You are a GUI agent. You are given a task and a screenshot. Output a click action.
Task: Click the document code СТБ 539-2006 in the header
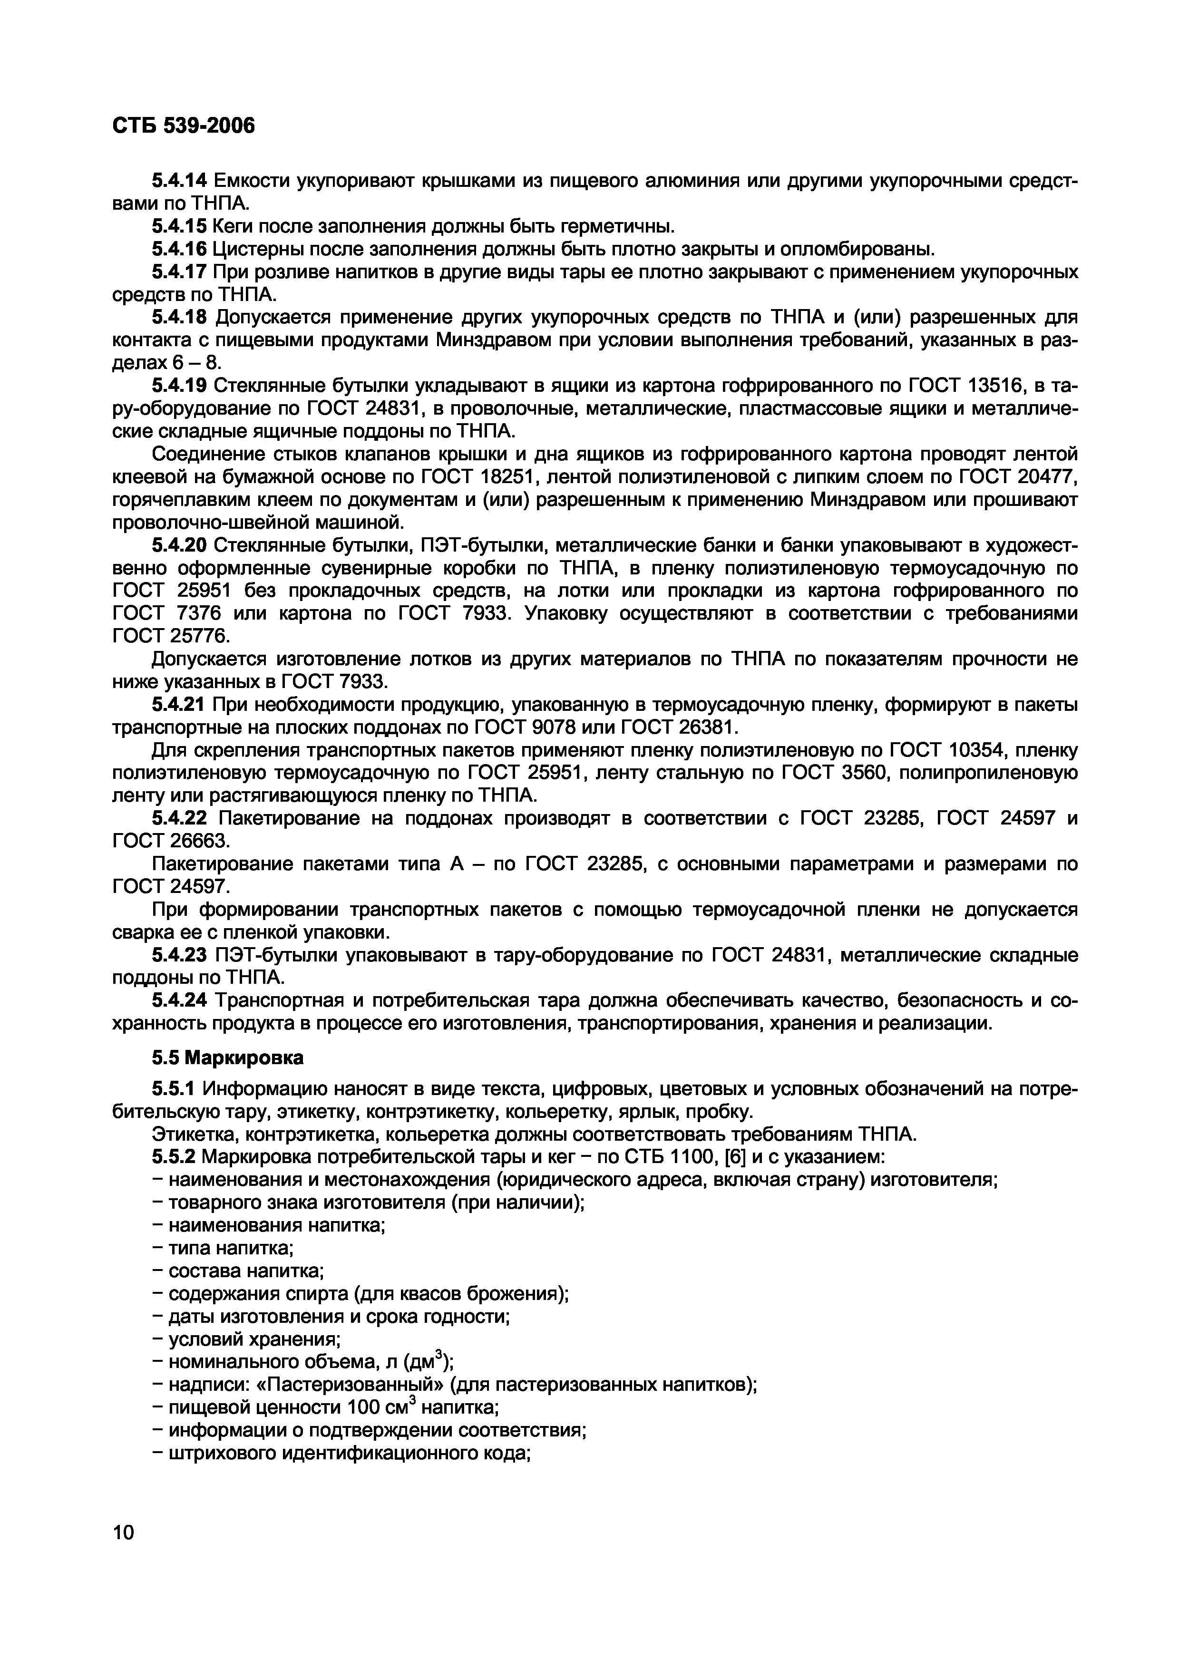click(184, 126)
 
